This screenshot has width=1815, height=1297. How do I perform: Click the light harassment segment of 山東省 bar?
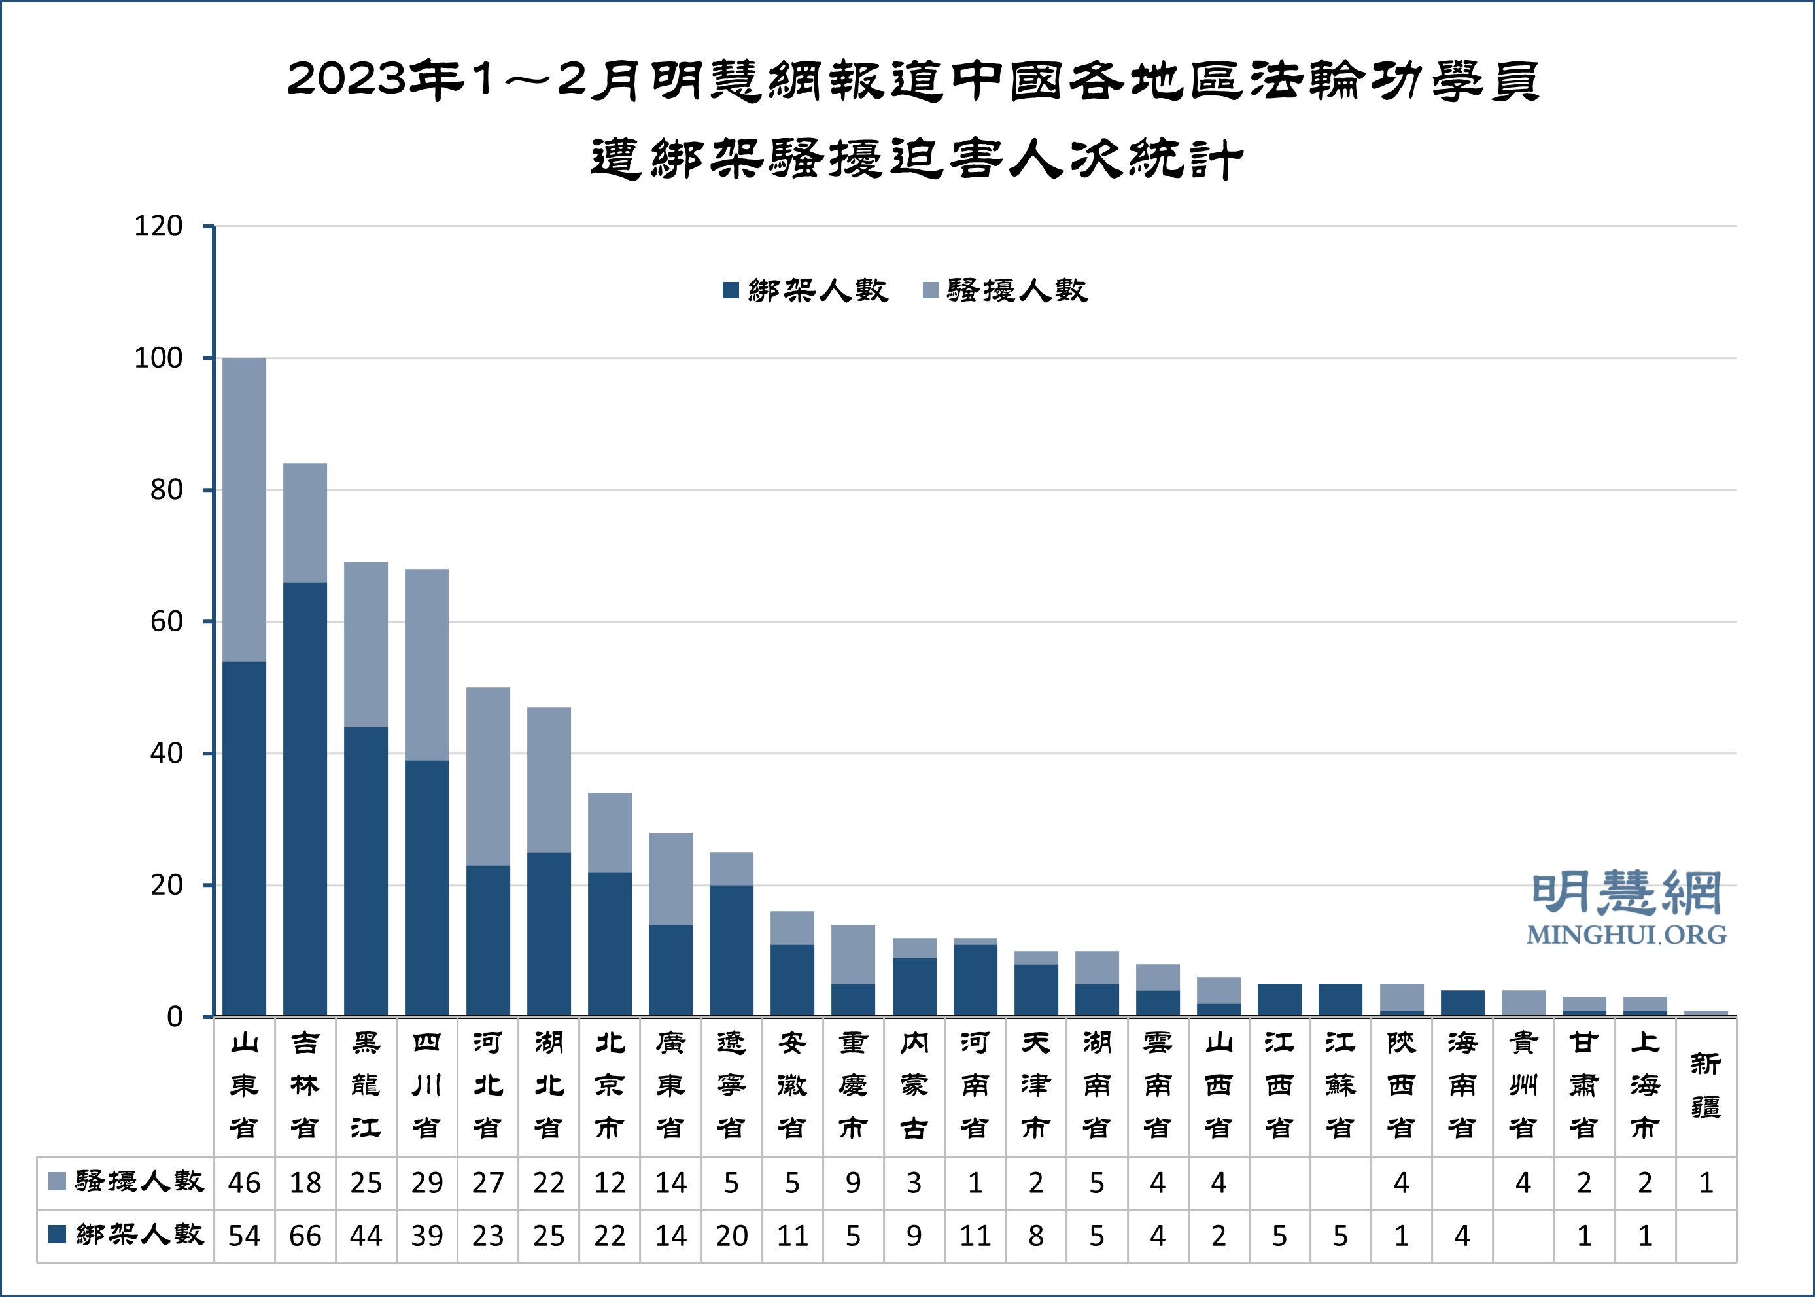click(245, 510)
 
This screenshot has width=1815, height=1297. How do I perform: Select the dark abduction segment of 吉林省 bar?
click(305, 799)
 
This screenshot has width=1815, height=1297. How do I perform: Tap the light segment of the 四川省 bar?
click(426, 665)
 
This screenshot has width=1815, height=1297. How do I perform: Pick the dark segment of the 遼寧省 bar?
click(731, 950)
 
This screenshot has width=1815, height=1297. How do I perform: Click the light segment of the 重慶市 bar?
click(853, 954)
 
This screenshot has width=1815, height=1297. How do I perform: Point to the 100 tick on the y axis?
click(158, 358)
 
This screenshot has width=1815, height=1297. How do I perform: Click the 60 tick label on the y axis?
click(166, 621)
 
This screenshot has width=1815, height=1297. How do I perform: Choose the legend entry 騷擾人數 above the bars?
click(1006, 290)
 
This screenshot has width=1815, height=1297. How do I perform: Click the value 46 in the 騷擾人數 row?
click(245, 1183)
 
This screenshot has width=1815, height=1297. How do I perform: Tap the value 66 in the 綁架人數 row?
click(305, 1236)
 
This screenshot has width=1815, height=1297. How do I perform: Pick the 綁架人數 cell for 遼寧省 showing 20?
click(731, 1236)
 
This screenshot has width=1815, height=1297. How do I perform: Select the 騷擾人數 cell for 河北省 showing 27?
click(488, 1183)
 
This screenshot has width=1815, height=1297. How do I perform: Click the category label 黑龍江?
click(366, 1085)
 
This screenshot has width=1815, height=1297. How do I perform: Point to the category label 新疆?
click(1706, 1085)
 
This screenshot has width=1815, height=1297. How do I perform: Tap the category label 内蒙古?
click(914, 1085)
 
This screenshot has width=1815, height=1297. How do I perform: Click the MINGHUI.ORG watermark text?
click(1627, 935)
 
